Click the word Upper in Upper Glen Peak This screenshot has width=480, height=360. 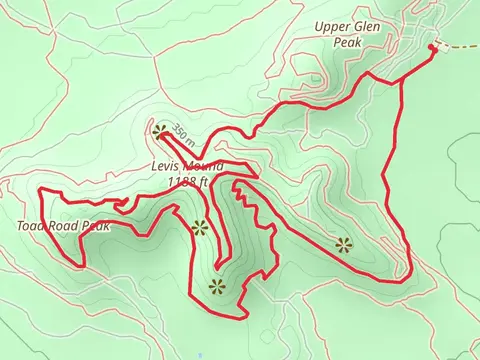pos(332,27)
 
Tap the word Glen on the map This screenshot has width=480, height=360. pos(367,27)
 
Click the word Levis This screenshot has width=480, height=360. pos(168,166)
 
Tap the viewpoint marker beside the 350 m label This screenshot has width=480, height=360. pos(160,129)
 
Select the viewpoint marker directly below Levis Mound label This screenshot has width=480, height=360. pos(198,227)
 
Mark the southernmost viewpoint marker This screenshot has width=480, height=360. pos(215,287)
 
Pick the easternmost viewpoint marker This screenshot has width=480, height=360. pos(344,243)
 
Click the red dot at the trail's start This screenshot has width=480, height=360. pos(433,46)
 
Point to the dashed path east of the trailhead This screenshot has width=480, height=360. pos(458,47)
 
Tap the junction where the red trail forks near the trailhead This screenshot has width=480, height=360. pos(400,78)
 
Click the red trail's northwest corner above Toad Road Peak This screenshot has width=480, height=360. pos(40,189)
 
